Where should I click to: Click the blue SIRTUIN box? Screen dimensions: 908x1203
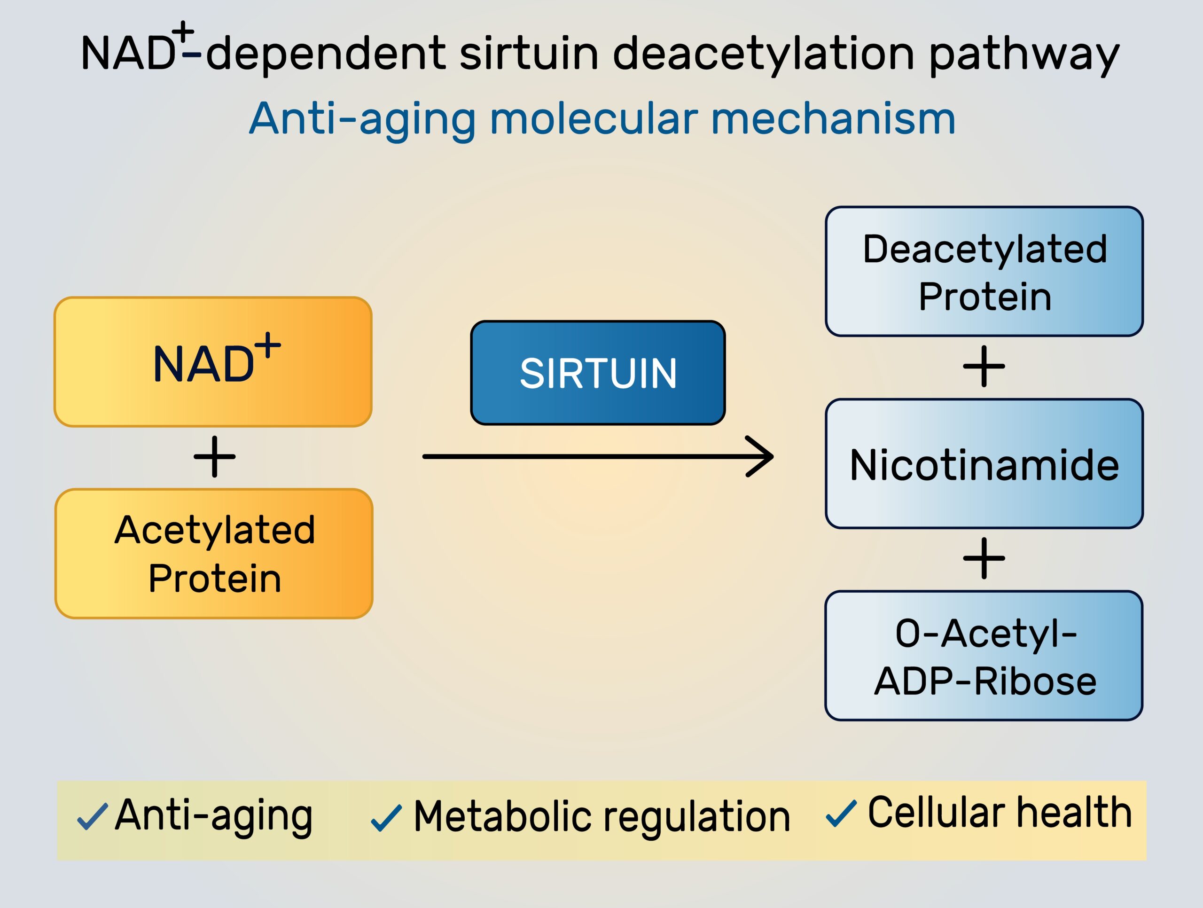coord(598,373)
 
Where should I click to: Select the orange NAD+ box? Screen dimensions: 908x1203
coord(213,362)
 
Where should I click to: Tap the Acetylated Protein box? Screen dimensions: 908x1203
coord(214,553)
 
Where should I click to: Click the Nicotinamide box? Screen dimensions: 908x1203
coord(984,463)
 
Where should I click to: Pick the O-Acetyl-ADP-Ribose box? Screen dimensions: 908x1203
coord(984,656)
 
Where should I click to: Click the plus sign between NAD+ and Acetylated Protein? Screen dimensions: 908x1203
coord(214,456)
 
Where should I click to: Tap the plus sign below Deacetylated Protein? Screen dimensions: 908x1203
coord(984,367)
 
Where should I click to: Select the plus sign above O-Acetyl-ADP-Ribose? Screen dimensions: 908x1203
coord(984,559)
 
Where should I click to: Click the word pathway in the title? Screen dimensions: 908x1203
coord(1023,55)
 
